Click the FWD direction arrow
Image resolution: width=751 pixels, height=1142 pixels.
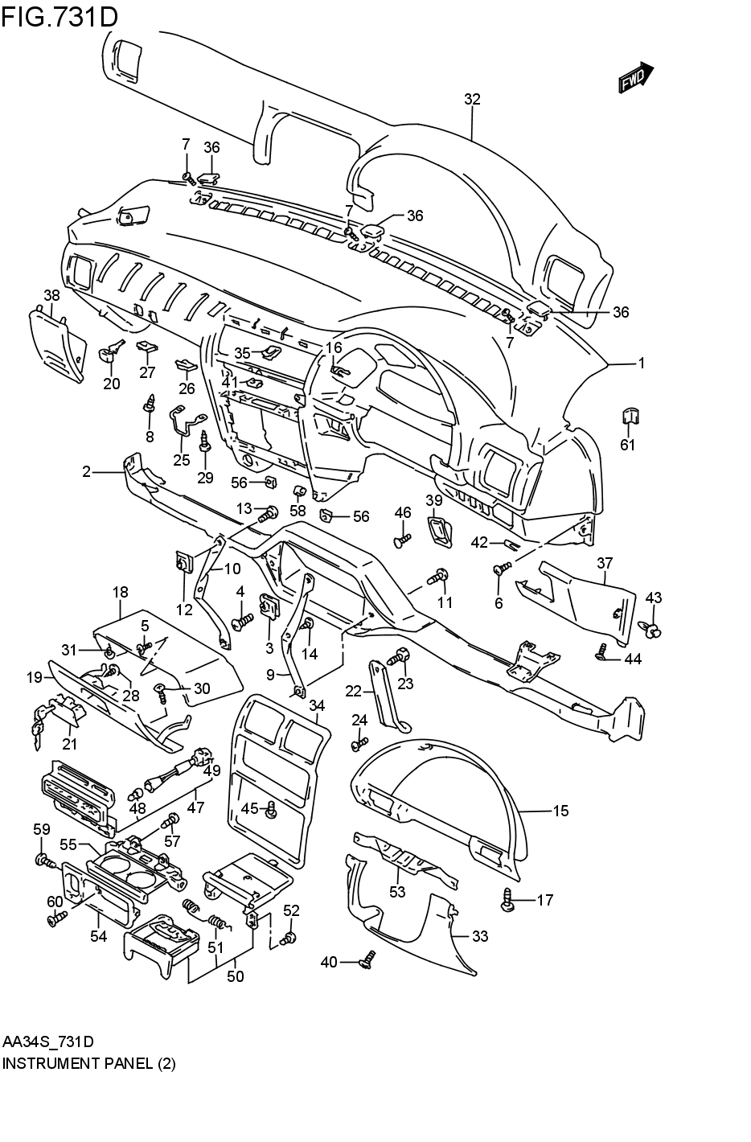636,78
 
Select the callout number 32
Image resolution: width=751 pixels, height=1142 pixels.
472,99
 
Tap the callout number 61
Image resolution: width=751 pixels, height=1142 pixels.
627,445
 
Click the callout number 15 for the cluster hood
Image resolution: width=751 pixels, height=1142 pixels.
560,811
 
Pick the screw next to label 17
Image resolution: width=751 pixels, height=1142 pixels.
508,900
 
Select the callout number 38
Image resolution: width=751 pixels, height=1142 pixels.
51,295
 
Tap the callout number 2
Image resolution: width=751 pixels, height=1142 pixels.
86,472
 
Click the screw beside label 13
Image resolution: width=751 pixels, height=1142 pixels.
270,511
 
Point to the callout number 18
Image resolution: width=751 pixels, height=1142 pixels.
120,593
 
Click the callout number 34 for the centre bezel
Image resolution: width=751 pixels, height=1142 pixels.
317,705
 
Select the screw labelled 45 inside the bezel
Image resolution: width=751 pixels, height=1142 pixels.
272,810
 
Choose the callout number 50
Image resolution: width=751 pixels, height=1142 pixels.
235,976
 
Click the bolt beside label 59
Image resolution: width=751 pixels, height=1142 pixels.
44,861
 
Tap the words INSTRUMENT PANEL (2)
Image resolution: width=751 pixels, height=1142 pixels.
88,1063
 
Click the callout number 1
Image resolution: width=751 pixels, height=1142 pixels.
642,364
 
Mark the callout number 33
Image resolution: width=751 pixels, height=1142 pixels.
480,936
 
